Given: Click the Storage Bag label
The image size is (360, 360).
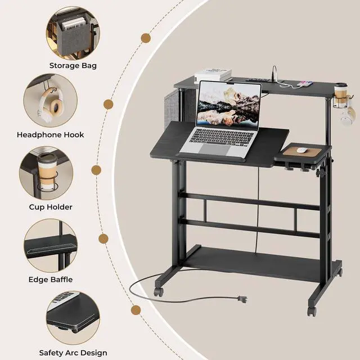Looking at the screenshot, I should tap(73, 65).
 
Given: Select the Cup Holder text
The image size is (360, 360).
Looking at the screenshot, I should tap(51, 206).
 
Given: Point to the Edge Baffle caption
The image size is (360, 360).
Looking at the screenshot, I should tap(50, 279).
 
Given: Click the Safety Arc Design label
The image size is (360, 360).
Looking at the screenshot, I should tap(73, 353).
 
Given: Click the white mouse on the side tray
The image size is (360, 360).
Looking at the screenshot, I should tap(302, 150).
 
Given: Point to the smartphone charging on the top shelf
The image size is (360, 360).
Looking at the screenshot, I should tap(305, 84).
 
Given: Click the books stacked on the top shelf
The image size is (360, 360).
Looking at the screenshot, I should tap(213, 75).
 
